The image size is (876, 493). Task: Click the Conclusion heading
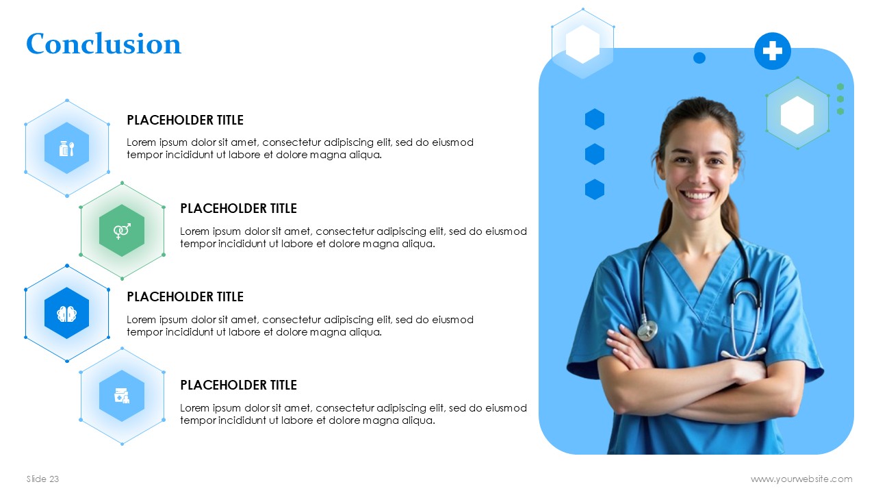pos(103,43)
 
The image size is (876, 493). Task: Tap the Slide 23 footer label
pos(42,479)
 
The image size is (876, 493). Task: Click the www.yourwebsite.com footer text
pos(801,479)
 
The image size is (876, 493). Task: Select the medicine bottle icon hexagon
pos(67,148)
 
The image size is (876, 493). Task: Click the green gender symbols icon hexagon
pos(122,231)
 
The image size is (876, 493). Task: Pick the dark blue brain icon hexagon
pos(67,313)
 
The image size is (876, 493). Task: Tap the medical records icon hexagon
pos(122,396)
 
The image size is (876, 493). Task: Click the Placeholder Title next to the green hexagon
pos(239,209)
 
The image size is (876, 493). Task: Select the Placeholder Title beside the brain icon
pos(185,297)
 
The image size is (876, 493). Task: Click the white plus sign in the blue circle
pos(773,51)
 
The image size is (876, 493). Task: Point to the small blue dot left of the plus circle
pos(699,58)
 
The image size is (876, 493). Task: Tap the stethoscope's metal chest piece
pos(647,331)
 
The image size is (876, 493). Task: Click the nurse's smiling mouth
pos(697,194)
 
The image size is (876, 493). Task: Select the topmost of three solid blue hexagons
pos(595,119)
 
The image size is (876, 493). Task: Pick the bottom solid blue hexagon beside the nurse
pos(595,190)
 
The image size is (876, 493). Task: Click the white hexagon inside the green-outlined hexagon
pos(797,115)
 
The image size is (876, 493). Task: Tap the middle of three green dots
pos(840,99)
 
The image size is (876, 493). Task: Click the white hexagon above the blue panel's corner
pos(582,45)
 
